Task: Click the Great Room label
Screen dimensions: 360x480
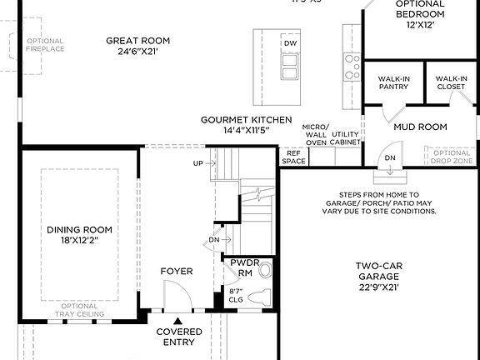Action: [137, 41]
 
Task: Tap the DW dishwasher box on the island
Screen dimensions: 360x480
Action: [290, 43]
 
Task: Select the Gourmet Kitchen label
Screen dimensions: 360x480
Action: [246, 120]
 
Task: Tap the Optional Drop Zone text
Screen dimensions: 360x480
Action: [452, 157]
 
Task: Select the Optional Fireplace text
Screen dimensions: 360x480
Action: [44, 45]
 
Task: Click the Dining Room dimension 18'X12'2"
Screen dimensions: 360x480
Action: [79, 241]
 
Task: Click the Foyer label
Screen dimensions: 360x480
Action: [177, 272]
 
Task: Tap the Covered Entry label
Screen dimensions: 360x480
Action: [179, 337]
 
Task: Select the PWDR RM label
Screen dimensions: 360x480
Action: [239, 267]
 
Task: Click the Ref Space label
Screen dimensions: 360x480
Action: [293, 157]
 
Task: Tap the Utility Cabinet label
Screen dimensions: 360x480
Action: [346, 138]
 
